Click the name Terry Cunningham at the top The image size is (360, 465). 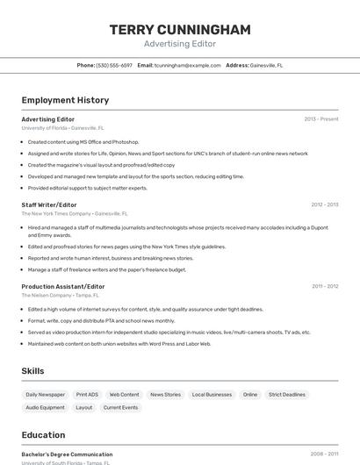pyautogui.click(x=180, y=30)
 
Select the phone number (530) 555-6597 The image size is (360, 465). pyautogui.click(x=114, y=65)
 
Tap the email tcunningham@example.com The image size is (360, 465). pyautogui.click(x=188, y=65)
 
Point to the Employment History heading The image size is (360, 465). pyautogui.click(x=65, y=100)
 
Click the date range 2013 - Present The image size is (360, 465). pyautogui.click(x=321, y=118)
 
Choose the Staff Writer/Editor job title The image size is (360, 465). pyautogui.click(x=49, y=204)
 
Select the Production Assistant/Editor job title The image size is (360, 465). pyautogui.click(x=63, y=286)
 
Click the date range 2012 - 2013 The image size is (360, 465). pyautogui.click(x=324, y=204)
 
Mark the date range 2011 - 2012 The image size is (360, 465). pyautogui.click(x=324, y=286)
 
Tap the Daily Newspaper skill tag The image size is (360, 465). pyautogui.click(x=45, y=395)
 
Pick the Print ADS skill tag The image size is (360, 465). pyautogui.click(x=87, y=395)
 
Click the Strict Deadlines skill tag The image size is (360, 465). pyautogui.click(x=287, y=395)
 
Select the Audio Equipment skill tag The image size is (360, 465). pyautogui.click(x=45, y=407)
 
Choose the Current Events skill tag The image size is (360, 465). pyautogui.click(x=120, y=407)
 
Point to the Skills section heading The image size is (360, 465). pyautogui.click(x=33, y=371)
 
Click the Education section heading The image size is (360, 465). pyautogui.click(x=43, y=435)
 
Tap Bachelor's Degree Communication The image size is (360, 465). pyautogui.click(x=67, y=454)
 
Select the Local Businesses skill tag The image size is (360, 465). pyautogui.click(x=212, y=395)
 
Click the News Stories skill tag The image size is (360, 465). pyautogui.click(x=165, y=395)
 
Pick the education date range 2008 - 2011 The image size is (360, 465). pyautogui.click(x=324, y=454)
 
